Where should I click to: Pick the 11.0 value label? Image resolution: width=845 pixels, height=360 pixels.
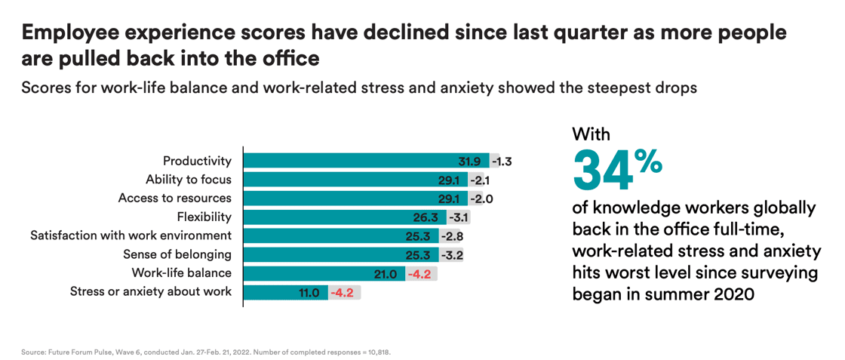(x=310, y=292)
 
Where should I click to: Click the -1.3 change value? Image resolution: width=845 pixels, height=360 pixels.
(x=502, y=161)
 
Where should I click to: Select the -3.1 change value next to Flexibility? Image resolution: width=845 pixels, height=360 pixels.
(x=459, y=217)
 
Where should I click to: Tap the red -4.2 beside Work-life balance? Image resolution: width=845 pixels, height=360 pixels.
(x=419, y=274)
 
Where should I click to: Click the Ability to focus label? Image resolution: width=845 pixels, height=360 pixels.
(x=189, y=180)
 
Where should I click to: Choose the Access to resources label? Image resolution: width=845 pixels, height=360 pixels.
(x=175, y=198)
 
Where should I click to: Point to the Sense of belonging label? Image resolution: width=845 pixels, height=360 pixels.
(x=177, y=254)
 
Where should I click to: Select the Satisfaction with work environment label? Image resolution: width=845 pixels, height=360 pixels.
(x=131, y=235)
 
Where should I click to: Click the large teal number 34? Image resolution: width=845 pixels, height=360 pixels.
(x=603, y=170)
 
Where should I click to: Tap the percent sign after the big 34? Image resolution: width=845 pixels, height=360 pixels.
(x=648, y=160)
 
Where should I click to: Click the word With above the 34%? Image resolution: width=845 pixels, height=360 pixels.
(x=591, y=134)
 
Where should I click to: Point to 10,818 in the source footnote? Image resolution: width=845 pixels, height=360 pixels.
(x=378, y=352)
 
